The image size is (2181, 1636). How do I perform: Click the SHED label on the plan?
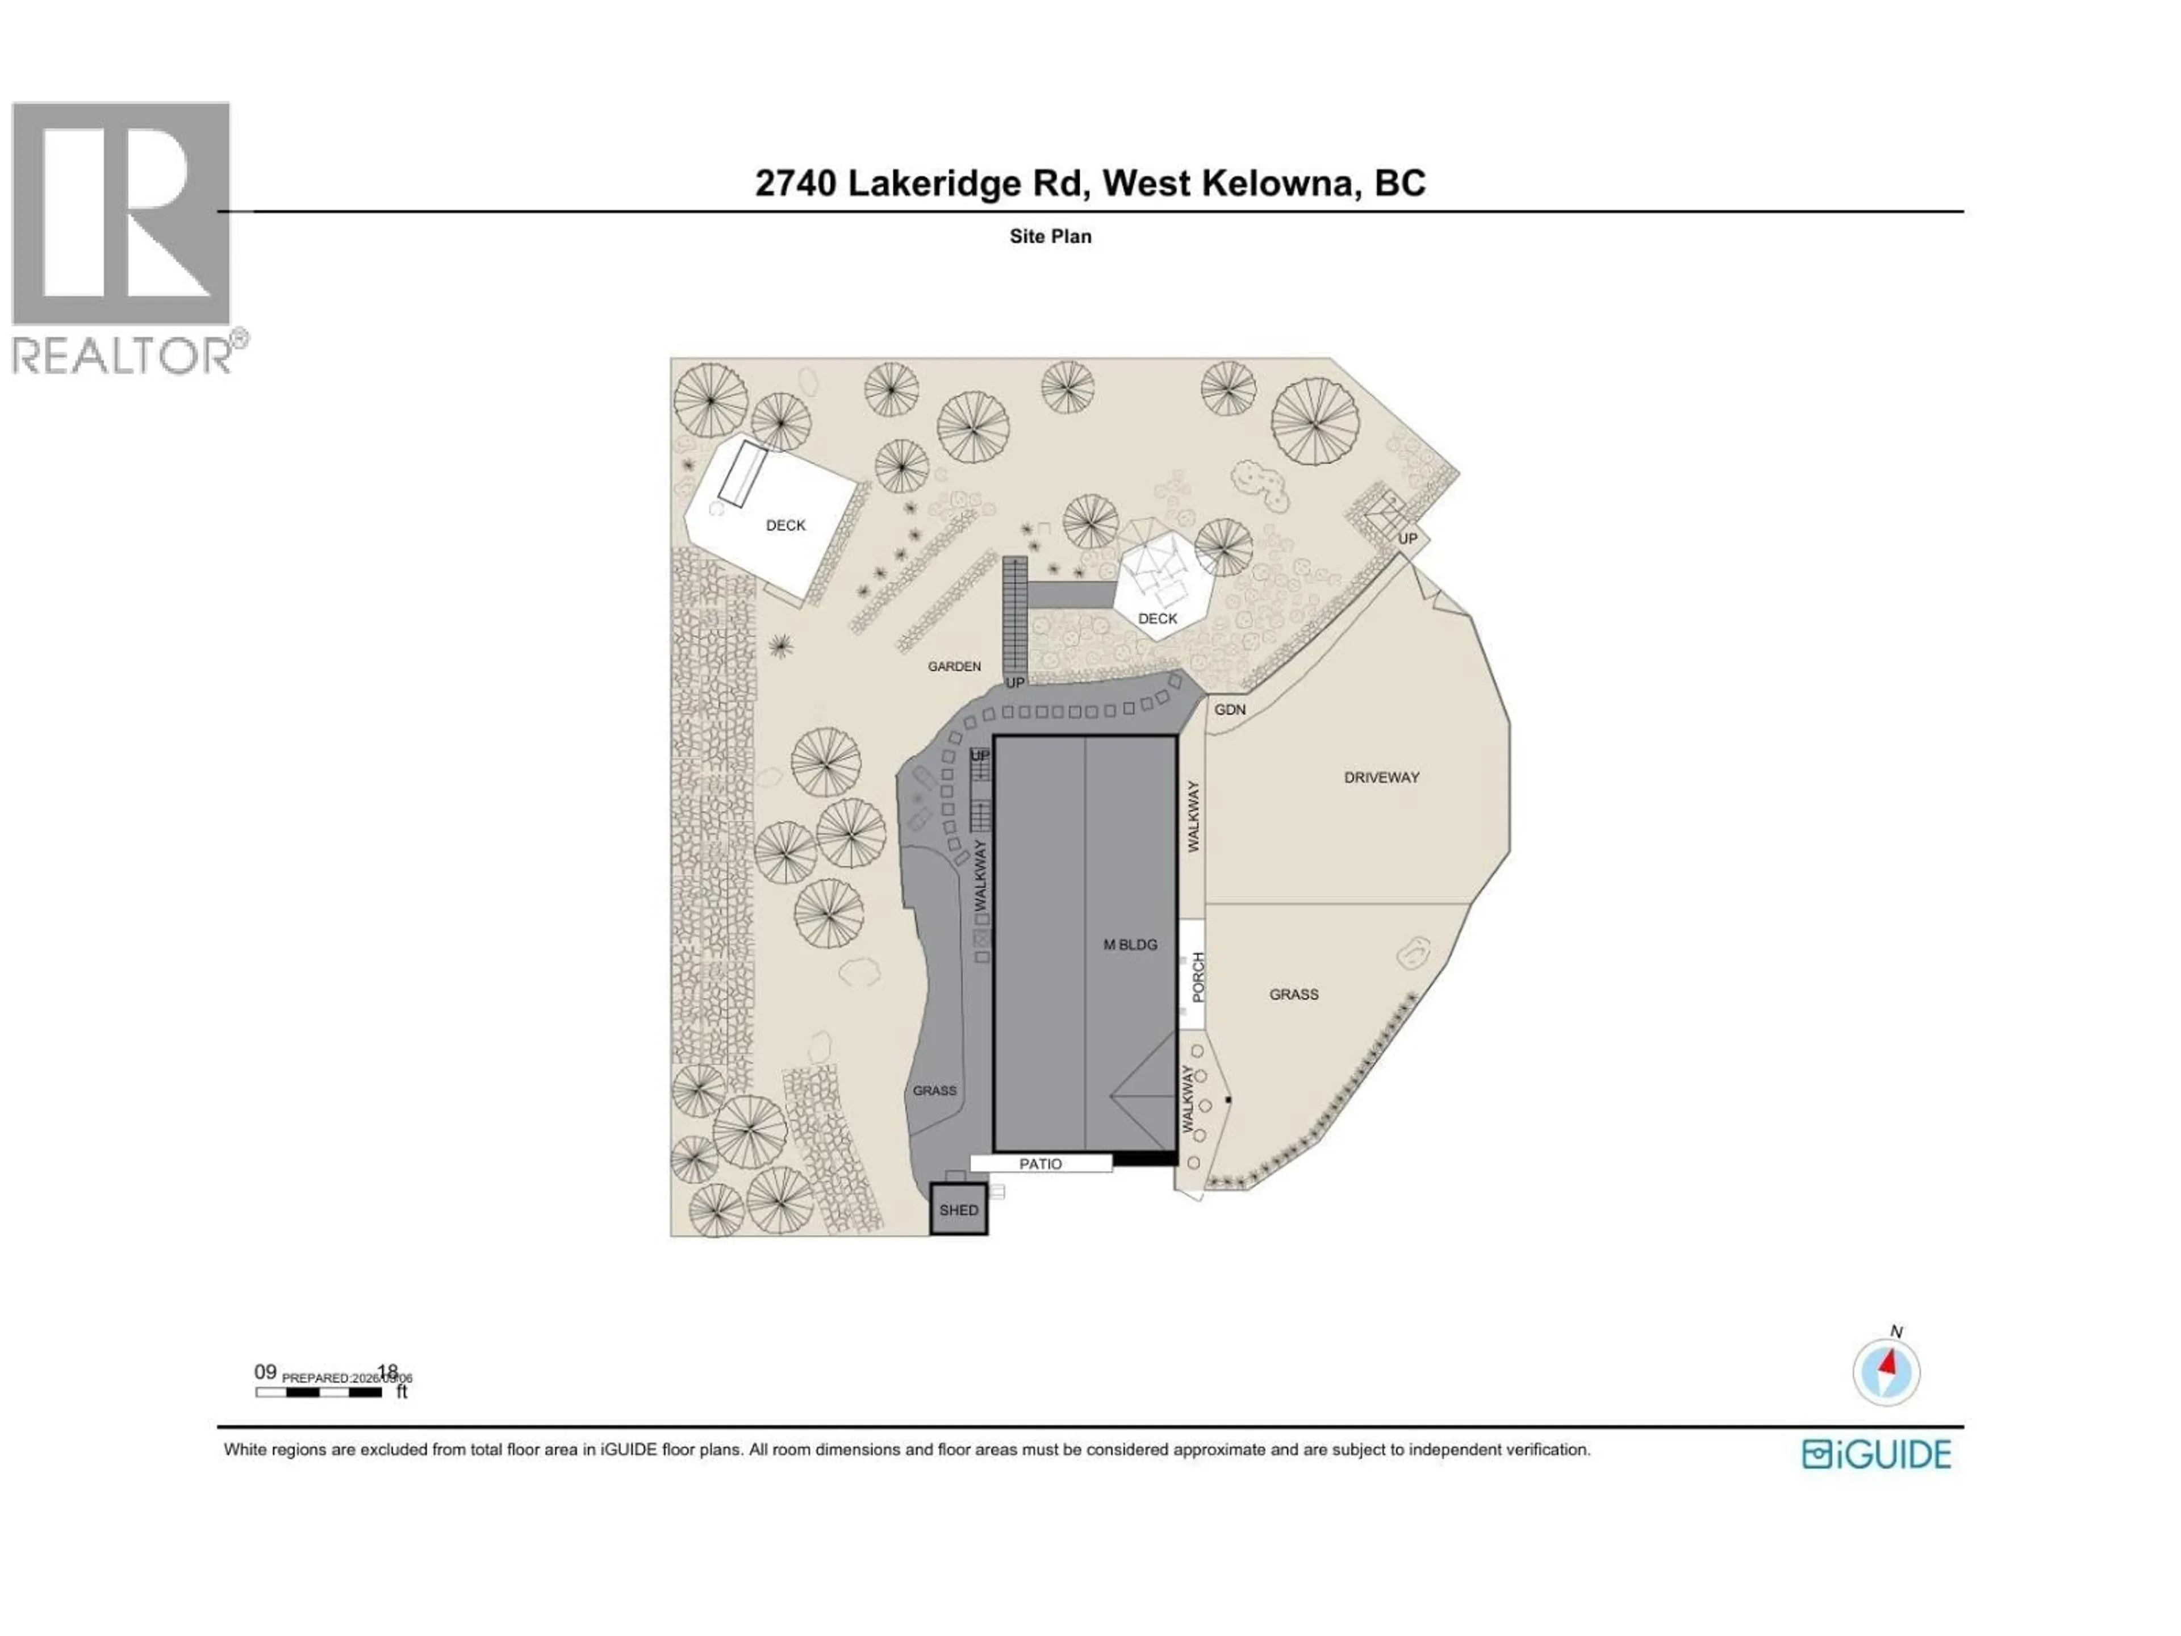tap(958, 1210)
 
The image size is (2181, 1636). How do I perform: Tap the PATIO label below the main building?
tap(1040, 1163)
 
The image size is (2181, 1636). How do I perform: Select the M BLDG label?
tap(1130, 945)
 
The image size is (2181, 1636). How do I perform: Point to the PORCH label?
tap(1198, 976)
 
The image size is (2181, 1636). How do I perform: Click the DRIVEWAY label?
tap(1381, 777)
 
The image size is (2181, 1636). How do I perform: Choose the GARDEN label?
tap(954, 667)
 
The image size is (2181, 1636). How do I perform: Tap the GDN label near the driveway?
tap(1230, 709)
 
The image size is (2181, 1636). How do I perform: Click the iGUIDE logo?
tap(1877, 1455)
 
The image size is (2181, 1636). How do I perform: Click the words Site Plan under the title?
tap(1050, 237)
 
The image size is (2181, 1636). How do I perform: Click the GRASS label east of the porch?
tap(1294, 994)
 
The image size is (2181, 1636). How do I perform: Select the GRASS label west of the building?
tap(934, 1091)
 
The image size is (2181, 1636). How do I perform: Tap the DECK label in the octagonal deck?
tap(1158, 618)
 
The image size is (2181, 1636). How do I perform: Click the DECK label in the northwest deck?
tap(786, 525)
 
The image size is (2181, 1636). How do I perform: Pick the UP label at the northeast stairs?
tap(1407, 539)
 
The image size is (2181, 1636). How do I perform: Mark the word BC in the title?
tap(1399, 183)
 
